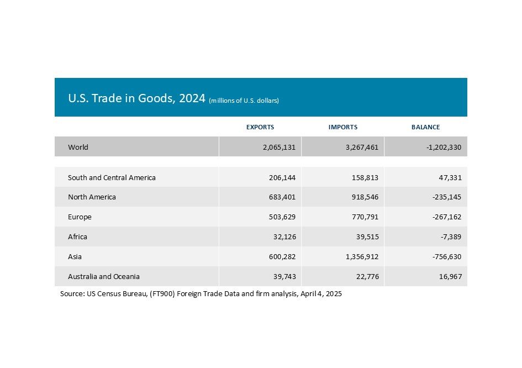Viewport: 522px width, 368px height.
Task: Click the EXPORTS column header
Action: point(260,127)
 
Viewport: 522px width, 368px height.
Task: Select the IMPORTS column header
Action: point(342,127)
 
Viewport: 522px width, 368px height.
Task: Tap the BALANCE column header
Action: point(425,127)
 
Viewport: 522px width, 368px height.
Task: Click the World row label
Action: point(78,148)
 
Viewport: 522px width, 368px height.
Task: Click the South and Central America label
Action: point(112,178)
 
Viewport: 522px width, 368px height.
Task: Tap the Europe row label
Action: point(80,217)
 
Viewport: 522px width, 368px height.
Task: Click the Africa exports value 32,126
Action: point(282,237)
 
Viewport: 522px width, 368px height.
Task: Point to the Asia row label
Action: point(75,257)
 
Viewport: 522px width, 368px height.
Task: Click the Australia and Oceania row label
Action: point(104,276)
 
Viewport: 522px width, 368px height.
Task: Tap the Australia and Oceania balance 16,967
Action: point(449,276)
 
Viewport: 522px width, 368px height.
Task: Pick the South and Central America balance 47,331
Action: point(449,178)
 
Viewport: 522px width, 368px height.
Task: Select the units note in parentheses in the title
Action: point(244,101)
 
